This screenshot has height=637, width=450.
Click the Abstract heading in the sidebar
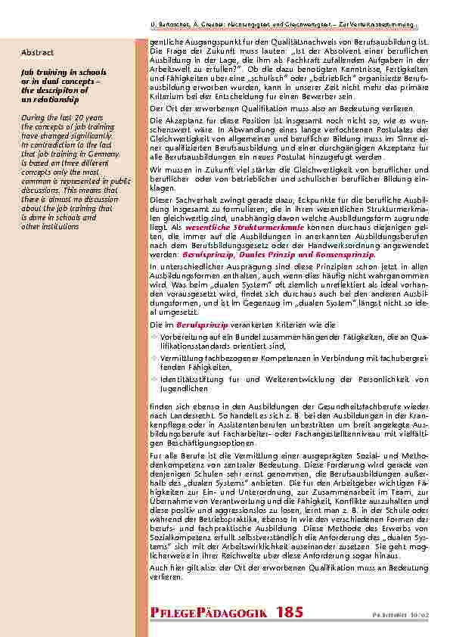37,52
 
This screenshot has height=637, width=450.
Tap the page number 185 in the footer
291,612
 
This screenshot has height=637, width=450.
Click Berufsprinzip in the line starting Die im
202,323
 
